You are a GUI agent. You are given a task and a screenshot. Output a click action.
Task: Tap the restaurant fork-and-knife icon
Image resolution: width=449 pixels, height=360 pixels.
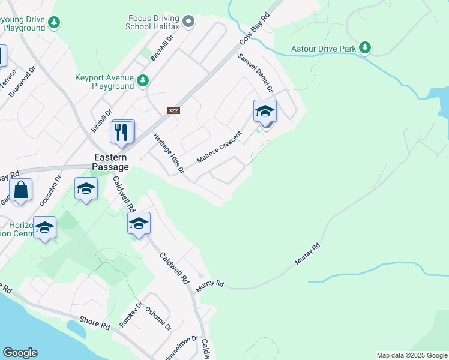pos(122,133)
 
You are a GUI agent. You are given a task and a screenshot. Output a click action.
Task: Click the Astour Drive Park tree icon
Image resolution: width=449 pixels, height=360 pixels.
pos(364,47)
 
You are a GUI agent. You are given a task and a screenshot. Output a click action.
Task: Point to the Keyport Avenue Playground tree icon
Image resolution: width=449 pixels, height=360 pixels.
pos(142,80)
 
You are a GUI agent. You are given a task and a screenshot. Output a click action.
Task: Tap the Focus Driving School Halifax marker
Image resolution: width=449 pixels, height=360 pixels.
pos(188,22)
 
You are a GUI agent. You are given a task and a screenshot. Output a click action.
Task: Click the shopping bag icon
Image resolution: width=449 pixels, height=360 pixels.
pos(21,190)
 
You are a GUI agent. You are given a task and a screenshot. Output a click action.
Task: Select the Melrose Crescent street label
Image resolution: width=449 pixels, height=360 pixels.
pos(219,148)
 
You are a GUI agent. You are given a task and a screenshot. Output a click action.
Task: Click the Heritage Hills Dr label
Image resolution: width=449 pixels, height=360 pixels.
pos(168,154)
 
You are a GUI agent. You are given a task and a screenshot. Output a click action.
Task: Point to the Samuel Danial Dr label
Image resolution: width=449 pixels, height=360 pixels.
pos(256,72)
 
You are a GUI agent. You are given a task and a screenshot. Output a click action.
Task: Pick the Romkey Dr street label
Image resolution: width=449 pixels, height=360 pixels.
pos(131,314)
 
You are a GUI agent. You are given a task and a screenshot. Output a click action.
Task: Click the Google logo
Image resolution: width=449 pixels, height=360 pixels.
pos(20,353)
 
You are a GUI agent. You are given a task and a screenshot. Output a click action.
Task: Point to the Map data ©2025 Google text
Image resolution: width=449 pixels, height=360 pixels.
pos(411,355)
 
